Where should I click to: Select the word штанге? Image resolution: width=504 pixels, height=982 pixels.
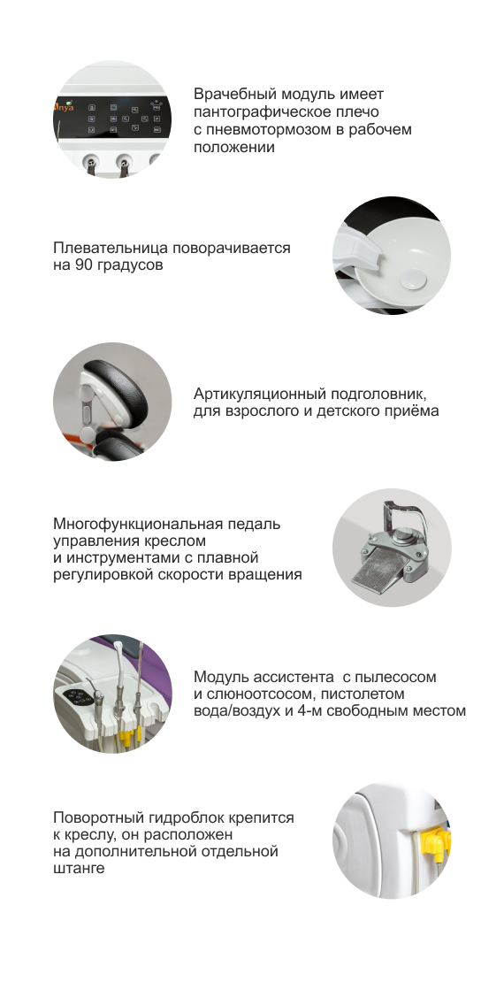79,868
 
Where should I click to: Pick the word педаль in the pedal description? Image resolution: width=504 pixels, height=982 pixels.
256,524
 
